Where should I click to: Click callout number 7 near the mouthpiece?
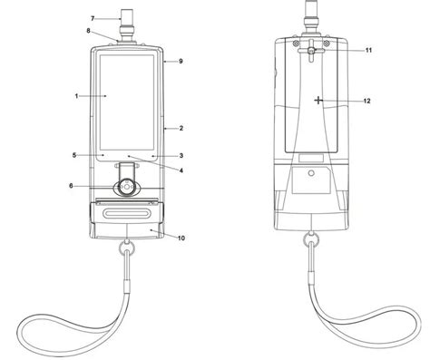click(93, 19)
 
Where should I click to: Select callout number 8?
click(88, 31)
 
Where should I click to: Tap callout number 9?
click(181, 61)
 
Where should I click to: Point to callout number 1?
click(77, 96)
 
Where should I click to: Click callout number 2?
click(181, 128)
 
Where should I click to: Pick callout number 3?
click(181, 156)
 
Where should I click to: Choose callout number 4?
click(181, 170)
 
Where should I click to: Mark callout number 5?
click(74, 155)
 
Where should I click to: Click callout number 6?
click(71, 186)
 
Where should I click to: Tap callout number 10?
click(181, 238)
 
